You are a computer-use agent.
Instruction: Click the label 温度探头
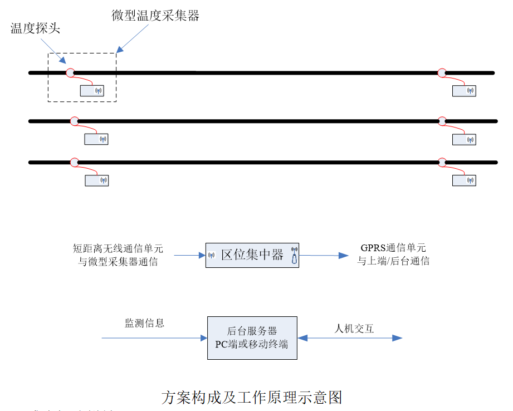(35, 29)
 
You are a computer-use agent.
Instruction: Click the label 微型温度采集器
(155, 16)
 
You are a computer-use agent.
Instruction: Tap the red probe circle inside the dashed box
(70, 72)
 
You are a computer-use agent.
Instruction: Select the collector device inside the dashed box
(92, 90)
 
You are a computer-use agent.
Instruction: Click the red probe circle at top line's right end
(442, 72)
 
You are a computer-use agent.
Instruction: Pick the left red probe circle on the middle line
(74, 121)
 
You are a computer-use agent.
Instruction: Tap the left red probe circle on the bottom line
(74, 162)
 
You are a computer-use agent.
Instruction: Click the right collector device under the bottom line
(464, 180)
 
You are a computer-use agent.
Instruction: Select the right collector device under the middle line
(464, 139)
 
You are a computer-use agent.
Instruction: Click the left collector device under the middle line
(96, 139)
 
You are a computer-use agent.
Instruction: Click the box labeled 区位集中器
(252, 256)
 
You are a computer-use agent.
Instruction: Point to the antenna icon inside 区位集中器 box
(294, 255)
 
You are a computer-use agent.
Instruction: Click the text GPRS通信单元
(393, 248)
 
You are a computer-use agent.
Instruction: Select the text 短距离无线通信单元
(118, 248)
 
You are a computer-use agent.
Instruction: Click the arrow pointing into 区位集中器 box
(189, 256)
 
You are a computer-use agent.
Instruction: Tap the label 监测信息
(144, 323)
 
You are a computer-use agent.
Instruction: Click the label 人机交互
(354, 329)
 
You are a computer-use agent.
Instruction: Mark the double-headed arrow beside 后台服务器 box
(350, 338)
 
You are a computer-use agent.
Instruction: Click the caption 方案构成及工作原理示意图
(251, 397)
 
